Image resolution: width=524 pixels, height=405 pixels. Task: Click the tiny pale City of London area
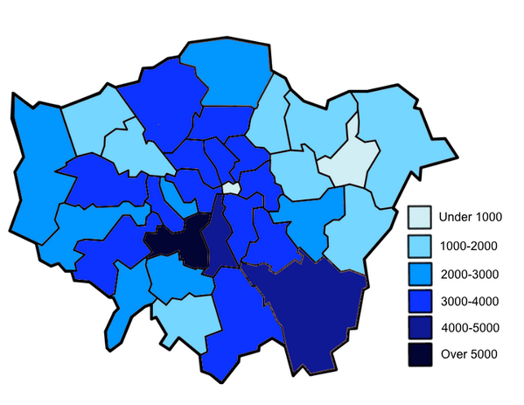click(x=230, y=187)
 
